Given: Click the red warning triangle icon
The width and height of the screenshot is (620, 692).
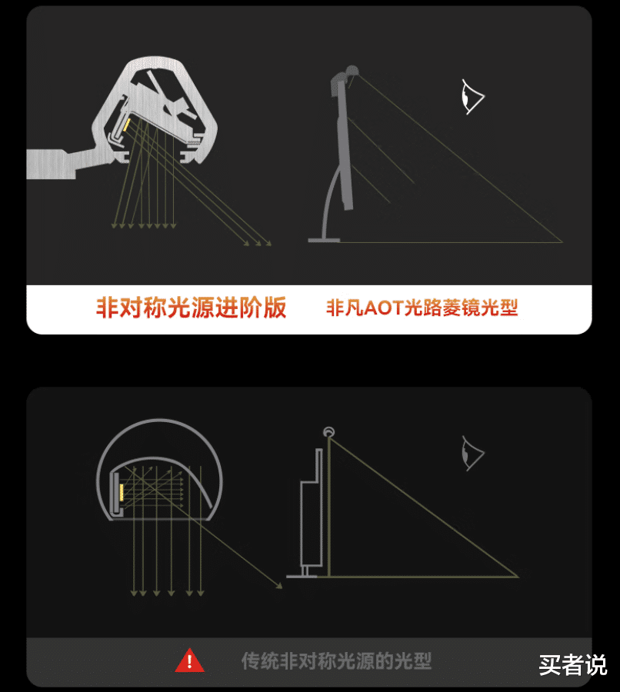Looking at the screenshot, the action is tap(189, 660).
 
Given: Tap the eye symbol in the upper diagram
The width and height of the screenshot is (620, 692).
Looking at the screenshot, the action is tap(472, 97).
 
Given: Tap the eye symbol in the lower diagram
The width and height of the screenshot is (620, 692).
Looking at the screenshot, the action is tap(472, 453).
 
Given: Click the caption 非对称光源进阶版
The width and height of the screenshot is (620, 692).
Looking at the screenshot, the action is tap(192, 307).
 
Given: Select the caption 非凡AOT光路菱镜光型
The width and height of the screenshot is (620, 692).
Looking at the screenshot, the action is tap(422, 308).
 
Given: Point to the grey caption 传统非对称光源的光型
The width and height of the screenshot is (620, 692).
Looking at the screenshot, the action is tap(336, 660).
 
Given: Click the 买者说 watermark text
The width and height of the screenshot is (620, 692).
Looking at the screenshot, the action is tap(573, 664).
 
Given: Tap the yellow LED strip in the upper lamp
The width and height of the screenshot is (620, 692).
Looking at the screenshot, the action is tap(126, 125).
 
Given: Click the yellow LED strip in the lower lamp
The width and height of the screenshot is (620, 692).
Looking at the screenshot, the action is tap(122, 492).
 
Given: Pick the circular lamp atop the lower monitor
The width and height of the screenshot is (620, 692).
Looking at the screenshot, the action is tap(328, 431).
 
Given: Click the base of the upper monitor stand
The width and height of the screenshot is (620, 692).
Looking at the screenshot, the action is tap(324, 240).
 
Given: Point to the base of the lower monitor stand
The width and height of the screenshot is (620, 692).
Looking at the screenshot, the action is tap(302, 575).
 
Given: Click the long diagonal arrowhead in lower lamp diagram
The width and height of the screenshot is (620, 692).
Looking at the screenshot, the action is tap(279, 586).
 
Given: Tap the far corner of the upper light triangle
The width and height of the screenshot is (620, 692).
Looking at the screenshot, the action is tap(562, 242).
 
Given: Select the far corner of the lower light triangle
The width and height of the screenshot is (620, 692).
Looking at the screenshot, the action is tap(518, 577).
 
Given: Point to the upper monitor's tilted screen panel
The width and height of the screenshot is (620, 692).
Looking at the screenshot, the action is tap(345, 145).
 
